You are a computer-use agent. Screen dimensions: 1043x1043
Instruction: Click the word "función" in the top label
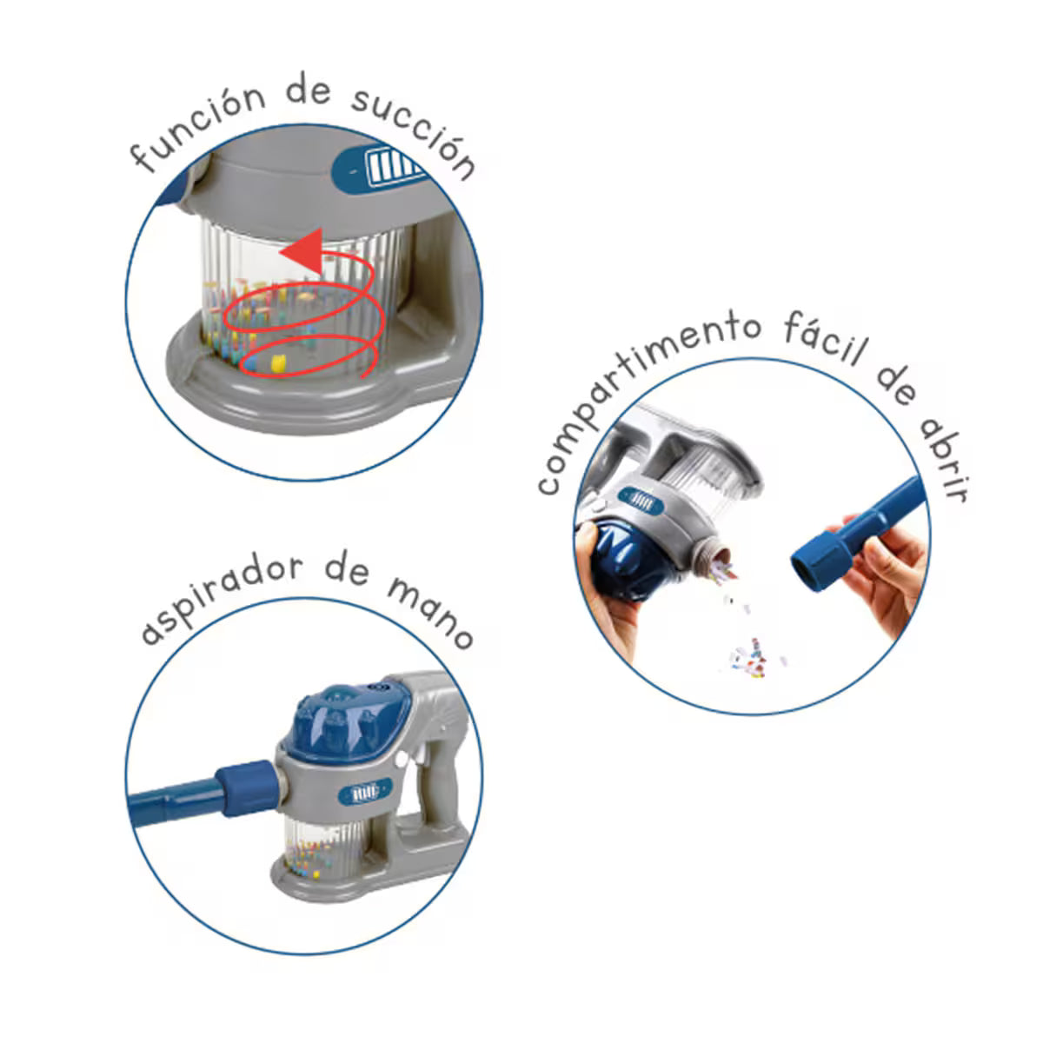click(198, 128)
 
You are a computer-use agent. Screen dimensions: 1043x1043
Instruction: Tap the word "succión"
click(414, 134)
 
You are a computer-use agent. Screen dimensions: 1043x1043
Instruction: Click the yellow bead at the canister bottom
click(277, 362)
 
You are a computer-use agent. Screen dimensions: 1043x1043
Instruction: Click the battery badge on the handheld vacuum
click(365, 794)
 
